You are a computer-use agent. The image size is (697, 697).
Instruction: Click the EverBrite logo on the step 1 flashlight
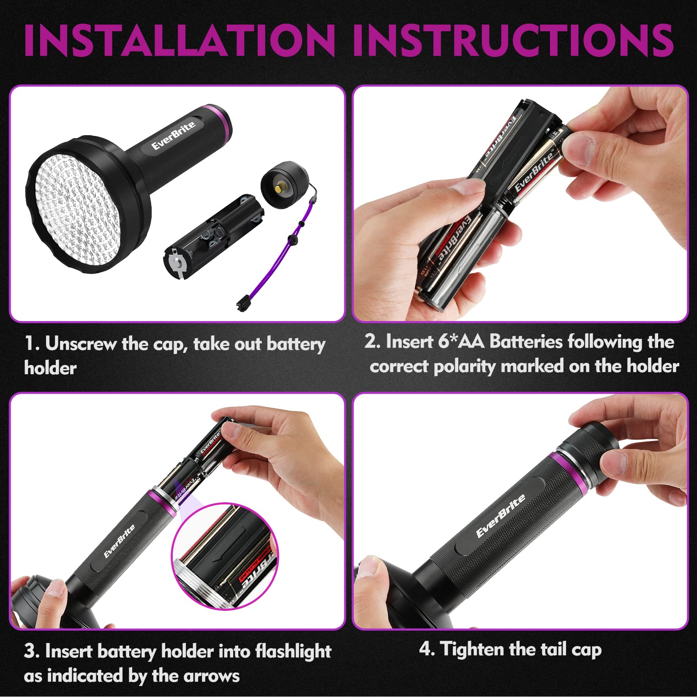point(174,135)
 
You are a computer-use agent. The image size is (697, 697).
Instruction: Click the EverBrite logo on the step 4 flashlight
point(501,516)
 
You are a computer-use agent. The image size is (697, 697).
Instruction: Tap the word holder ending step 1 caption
point(50,368)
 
